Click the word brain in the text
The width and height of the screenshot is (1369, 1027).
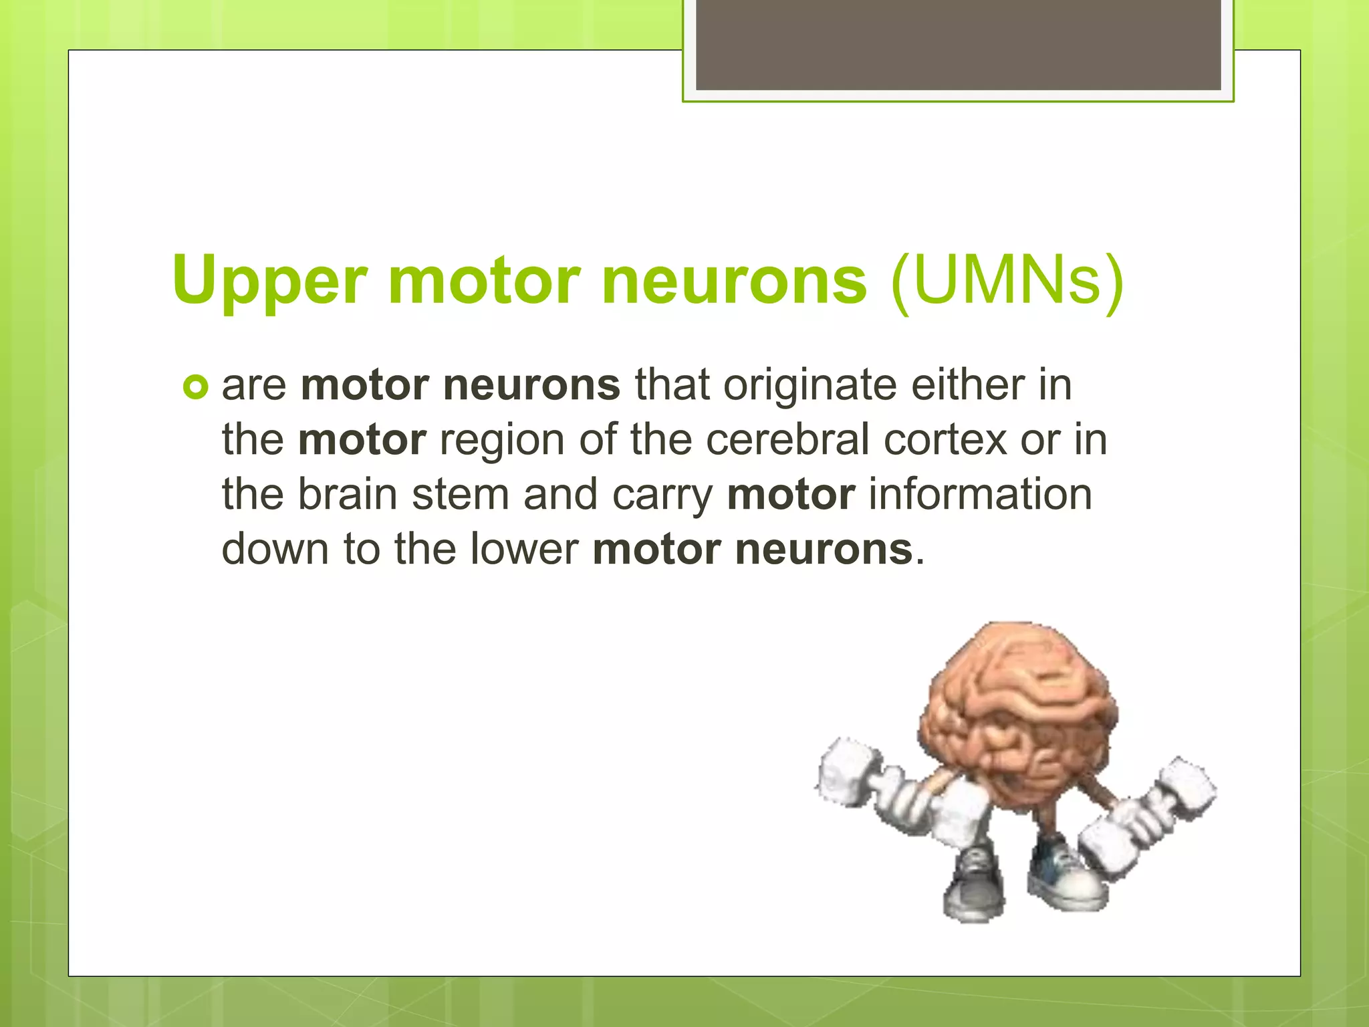pyautogui.click(x=347, y=495)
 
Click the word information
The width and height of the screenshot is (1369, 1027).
pyautogui.click(x=980, y=495)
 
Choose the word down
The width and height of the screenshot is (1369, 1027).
pyautogui.click(x=275, y=549)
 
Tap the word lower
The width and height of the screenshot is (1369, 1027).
pyautogui.click(x=524, y=549)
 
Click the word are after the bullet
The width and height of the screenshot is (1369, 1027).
pyautogui.click(x=254, y=386)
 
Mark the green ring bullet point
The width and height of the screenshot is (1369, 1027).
pyautogui.click(x=195, y=387)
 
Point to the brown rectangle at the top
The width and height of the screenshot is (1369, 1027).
pyautogui.click(x=958, y=45)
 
